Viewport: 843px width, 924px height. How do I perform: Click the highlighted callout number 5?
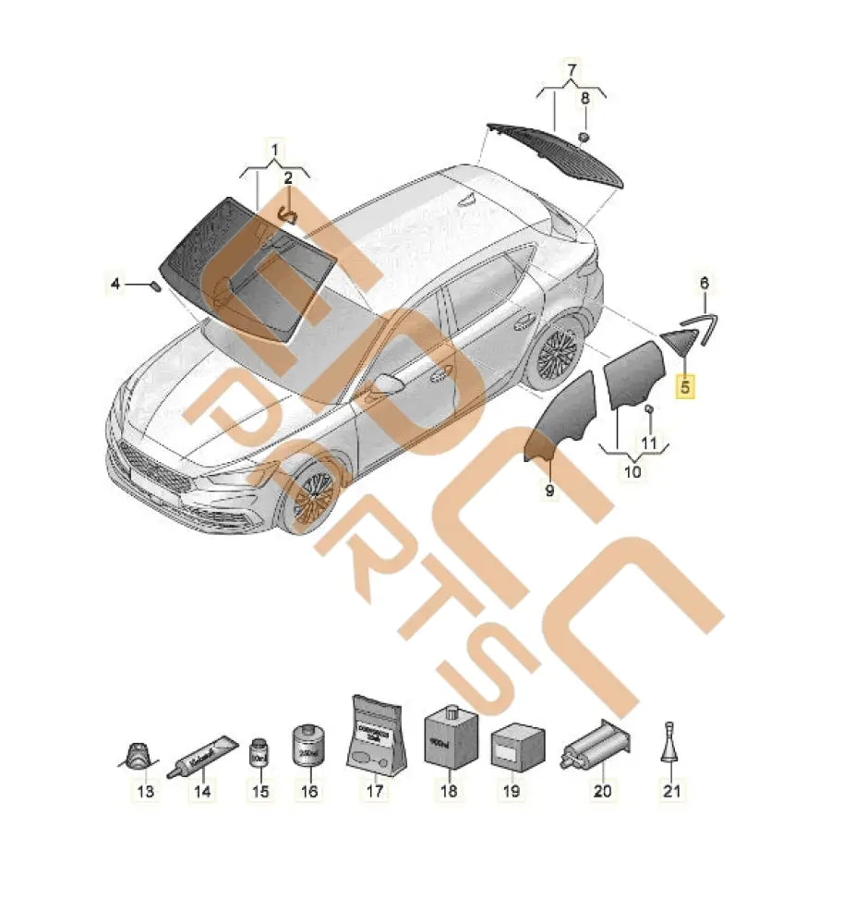coord(685,387)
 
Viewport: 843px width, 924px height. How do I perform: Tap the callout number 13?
coord(146,791)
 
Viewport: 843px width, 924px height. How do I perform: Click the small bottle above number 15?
coord(259,752)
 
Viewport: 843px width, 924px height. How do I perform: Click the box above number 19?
coord(511,747)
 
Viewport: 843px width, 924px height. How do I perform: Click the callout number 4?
coord(115,285)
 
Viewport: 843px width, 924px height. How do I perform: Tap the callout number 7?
coord(572,70)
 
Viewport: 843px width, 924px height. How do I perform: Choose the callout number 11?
coord(648,444)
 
